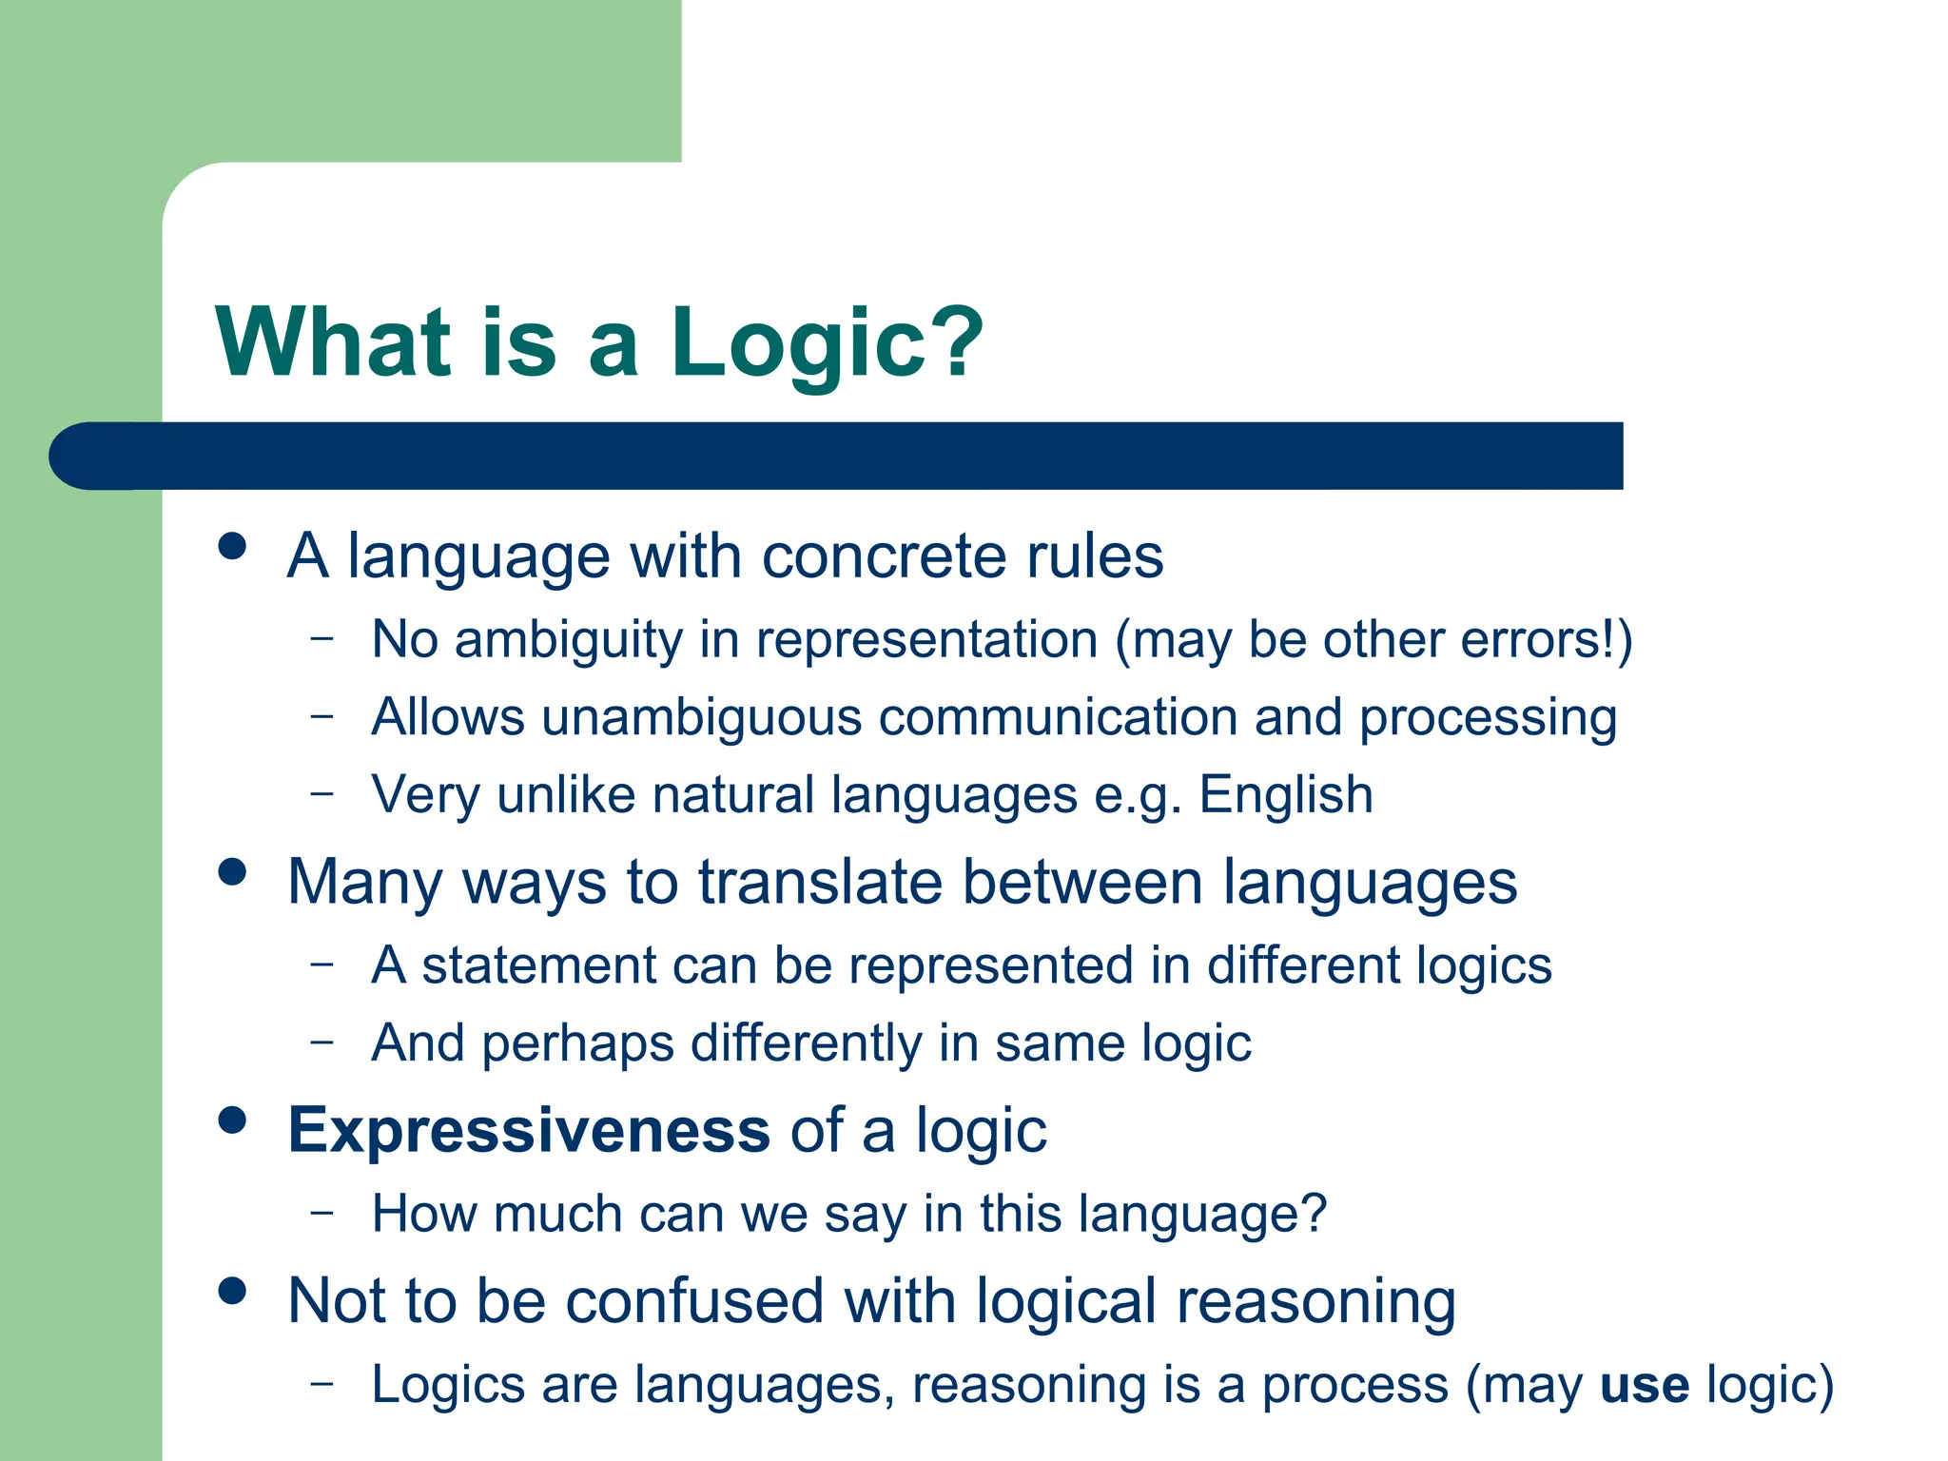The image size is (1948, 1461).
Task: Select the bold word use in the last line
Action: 1645,1385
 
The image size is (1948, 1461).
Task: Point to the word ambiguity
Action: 568,640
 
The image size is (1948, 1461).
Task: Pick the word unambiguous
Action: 701,717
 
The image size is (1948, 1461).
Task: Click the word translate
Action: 820,883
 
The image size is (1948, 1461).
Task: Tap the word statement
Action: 538,965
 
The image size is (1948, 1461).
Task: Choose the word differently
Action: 806,1043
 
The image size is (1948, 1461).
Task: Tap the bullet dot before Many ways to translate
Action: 232,871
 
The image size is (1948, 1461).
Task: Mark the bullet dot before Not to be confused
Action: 232,1291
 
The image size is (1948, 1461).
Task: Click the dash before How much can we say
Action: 322,1211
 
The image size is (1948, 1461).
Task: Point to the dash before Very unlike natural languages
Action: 322,791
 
